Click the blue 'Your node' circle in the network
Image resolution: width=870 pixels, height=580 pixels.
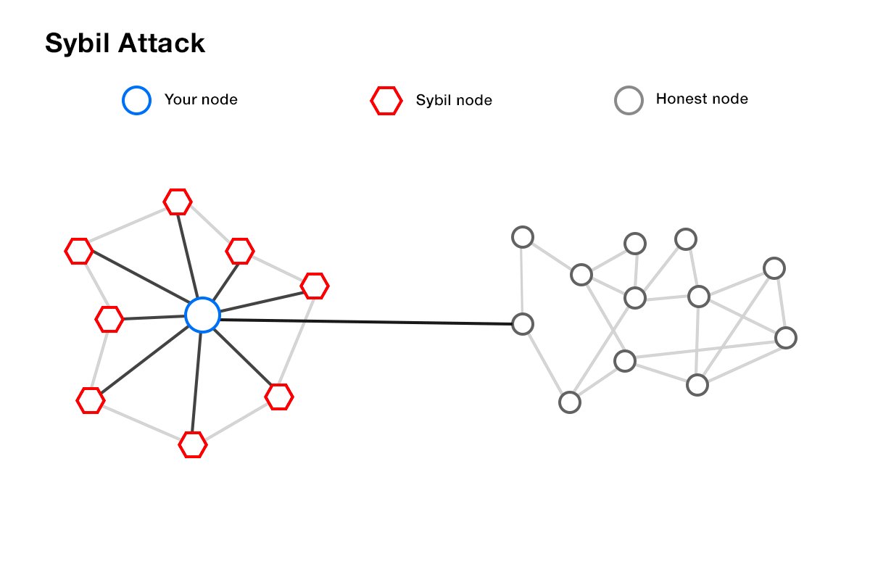click(202, 315)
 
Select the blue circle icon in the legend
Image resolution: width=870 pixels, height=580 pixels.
click(136, 101)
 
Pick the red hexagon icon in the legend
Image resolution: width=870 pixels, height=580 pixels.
click(386, 101)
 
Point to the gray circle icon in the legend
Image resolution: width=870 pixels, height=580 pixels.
click(628, 101)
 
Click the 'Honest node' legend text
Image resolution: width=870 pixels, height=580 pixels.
click(701, 99)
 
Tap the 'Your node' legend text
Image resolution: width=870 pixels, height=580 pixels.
click(201, 99)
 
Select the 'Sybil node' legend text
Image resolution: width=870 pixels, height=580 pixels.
click(454, 100)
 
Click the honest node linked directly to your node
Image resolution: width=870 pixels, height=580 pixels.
click(523, 324)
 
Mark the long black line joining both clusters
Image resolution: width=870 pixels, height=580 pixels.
click(362, 321)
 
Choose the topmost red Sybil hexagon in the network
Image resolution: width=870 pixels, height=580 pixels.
click(178, 202)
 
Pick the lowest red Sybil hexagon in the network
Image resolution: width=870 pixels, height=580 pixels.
click(193, 444)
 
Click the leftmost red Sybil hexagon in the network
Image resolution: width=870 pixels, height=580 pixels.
click(79, 251)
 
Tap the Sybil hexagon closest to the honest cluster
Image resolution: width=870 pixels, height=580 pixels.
click(314, 286)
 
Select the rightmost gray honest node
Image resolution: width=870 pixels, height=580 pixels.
click(785, 337)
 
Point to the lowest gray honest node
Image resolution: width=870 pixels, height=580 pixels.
click(570, 402)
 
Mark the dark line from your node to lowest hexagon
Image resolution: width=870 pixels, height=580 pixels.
click(197, 381)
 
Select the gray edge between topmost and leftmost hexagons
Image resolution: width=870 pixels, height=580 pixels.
click(127, 227)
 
